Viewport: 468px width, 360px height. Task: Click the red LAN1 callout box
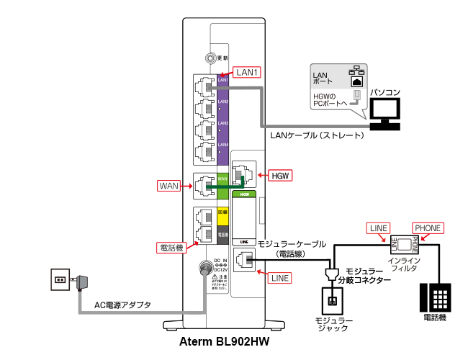247,72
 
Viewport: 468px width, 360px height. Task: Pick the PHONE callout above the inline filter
428,228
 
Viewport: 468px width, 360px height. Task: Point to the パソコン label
384,92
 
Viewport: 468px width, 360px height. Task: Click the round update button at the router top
210,58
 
